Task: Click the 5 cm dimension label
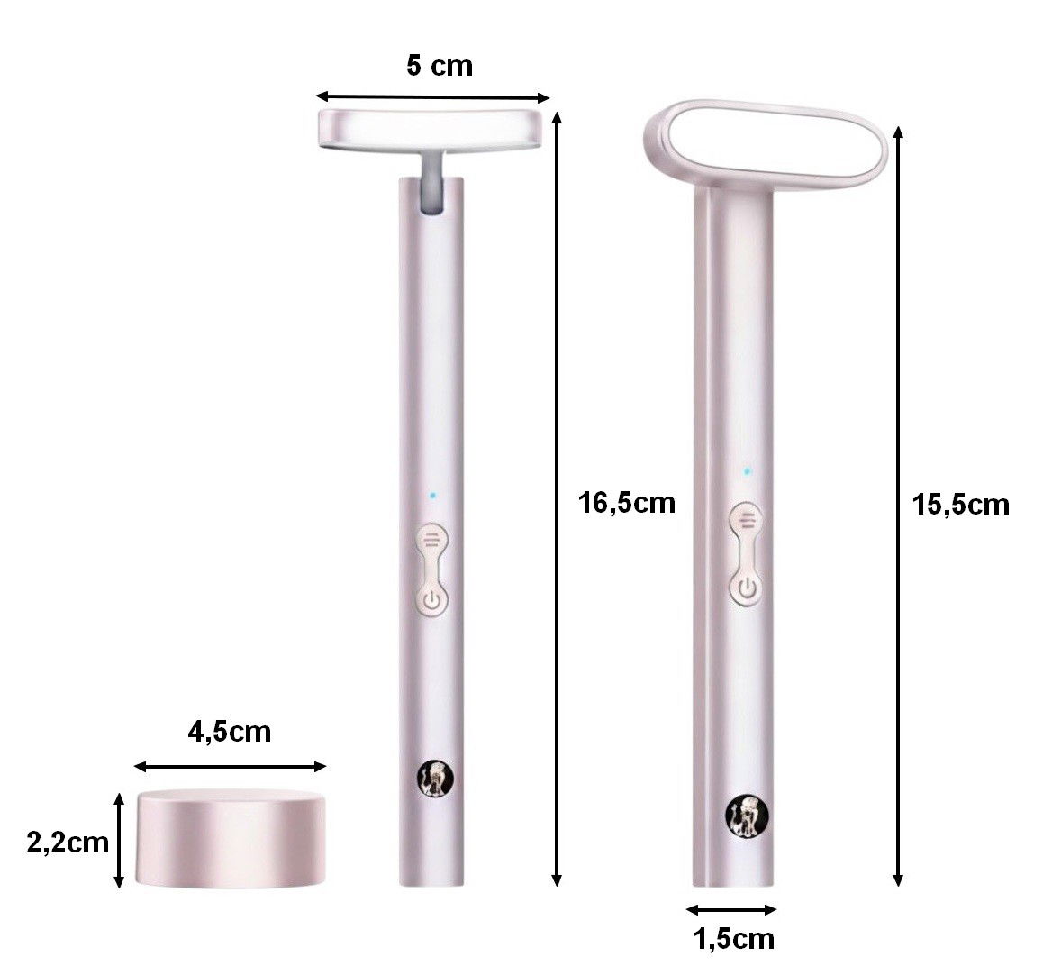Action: point(440,66)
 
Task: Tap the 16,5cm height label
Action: point(626,503)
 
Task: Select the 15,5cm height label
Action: point(960,506)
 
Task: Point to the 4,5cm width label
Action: point(230,732)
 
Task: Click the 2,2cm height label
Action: point(68,843)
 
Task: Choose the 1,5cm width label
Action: point(734,939)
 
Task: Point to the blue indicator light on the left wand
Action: point(432,495)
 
